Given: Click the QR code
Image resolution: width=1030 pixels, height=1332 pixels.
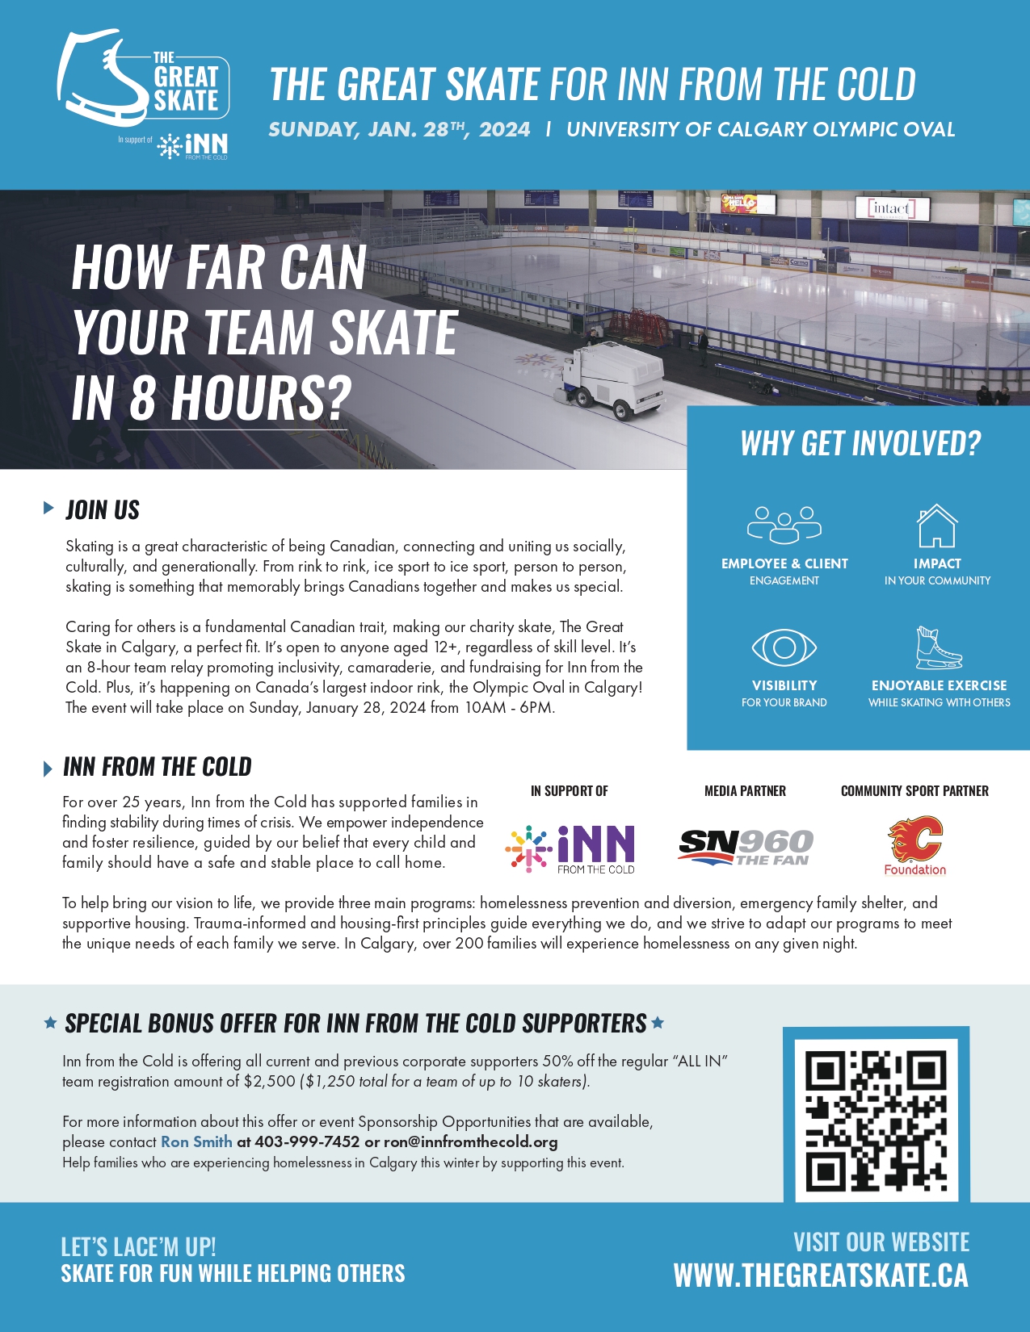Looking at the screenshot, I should [x=877, y=1114].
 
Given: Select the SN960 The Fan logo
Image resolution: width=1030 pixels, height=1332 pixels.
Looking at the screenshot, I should [x=745, y=847].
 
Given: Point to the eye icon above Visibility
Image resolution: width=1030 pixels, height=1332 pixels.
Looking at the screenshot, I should [x=784, y=647].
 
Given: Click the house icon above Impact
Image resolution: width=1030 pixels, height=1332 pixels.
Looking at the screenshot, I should [x=937, y=526].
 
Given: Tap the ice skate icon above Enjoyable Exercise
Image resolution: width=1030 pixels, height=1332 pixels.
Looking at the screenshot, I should [x=938, y=648].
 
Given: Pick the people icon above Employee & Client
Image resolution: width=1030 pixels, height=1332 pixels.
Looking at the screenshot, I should [x=784, y=525].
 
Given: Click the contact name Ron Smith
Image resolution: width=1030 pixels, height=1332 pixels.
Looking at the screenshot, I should [x=196, y=1141].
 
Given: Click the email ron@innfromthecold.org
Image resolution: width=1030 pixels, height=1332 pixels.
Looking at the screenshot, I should [x=470, y=1141].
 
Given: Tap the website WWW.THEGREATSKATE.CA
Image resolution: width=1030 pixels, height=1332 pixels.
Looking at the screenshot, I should [x=821, y=1275].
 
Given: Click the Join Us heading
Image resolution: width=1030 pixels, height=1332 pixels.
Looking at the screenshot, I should [x=103, y=510].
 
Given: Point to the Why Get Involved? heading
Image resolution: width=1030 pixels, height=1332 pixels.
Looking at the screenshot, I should [x=860, y=443].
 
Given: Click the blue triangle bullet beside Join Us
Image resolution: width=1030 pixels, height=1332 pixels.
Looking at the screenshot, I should [x=48, y=508].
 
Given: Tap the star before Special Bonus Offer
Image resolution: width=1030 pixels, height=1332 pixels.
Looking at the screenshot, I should [x=50, y=1023].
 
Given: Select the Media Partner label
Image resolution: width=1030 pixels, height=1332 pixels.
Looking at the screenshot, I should [x=745, y=791].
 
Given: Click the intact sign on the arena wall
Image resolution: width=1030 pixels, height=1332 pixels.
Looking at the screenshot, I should [x=891, y=208].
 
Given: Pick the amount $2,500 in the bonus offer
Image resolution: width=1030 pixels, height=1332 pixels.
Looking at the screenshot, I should [x=270, y=1081].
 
